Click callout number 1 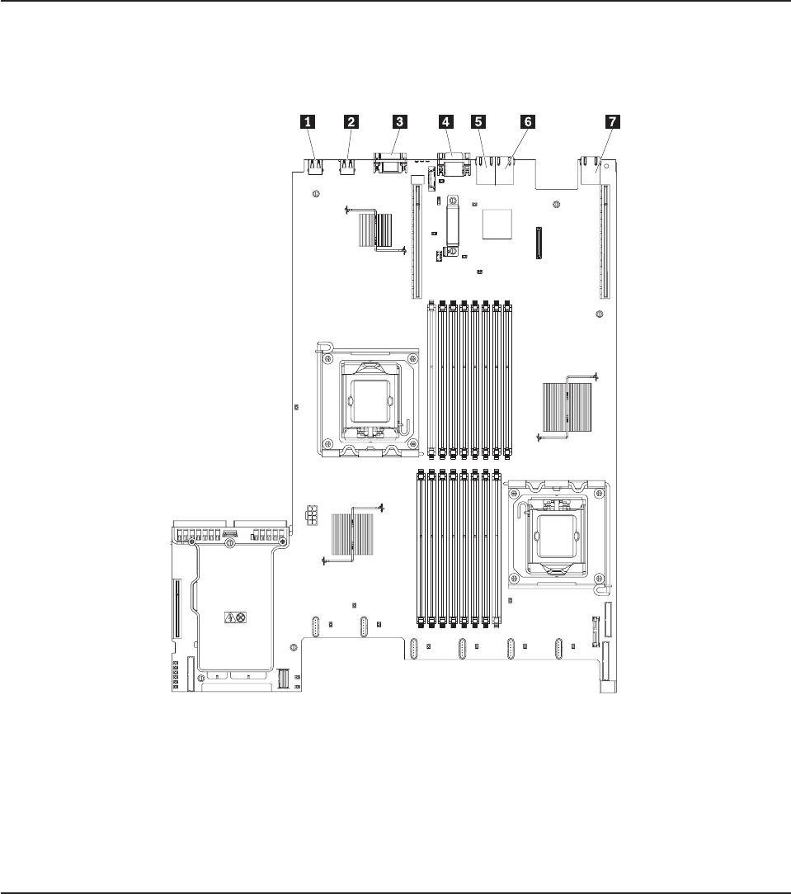click(x=308, y=121)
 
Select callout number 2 click(x=351, y=121)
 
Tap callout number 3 click(x=399, y=121)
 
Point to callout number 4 click(x=445, y=121)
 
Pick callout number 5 click(x=478, y=121)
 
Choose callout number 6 click(x=528, y=121)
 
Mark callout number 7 click(x=613, y=121)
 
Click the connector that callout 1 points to click(x=314, y=167)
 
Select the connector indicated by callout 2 click(x=347, y=167)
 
